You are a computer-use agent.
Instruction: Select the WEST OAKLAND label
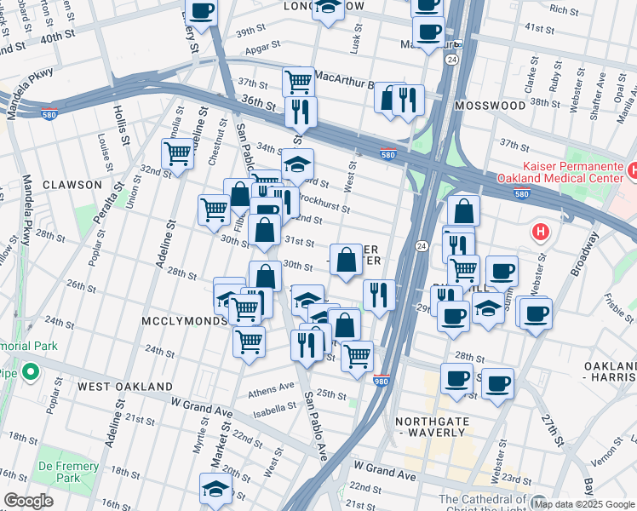coord(125,386)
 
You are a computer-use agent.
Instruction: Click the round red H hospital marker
coord(540,231)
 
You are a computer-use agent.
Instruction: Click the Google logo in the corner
coord(28,501)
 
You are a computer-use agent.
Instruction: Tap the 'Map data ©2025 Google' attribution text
coord(584,504)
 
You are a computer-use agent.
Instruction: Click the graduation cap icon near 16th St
coord(215,488)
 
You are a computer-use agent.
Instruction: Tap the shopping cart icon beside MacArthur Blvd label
coord(298,81)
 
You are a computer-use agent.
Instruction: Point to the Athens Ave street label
coord(270,392)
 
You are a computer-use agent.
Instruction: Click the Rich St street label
coord(564,10)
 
